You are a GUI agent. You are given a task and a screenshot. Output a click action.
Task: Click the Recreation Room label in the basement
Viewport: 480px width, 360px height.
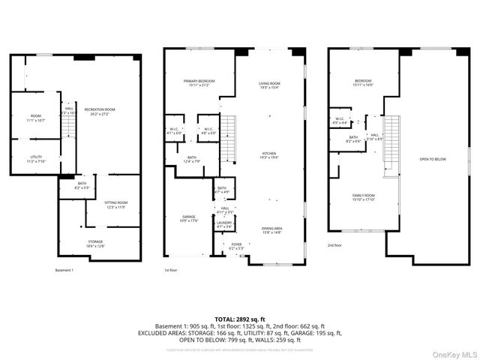100,112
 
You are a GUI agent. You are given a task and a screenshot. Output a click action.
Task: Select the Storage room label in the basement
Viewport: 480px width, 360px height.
95,243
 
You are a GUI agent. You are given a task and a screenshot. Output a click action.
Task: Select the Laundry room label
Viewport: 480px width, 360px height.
224,224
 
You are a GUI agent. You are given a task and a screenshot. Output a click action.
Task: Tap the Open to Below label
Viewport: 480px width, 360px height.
433,159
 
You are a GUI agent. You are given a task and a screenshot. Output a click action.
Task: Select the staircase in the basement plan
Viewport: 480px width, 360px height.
69,124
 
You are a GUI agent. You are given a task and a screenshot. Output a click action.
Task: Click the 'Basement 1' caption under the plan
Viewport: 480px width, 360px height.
64,270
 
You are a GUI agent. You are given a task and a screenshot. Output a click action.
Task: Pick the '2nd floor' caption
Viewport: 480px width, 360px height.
335,245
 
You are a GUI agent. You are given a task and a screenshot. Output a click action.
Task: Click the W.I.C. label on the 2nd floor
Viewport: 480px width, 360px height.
339,119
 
